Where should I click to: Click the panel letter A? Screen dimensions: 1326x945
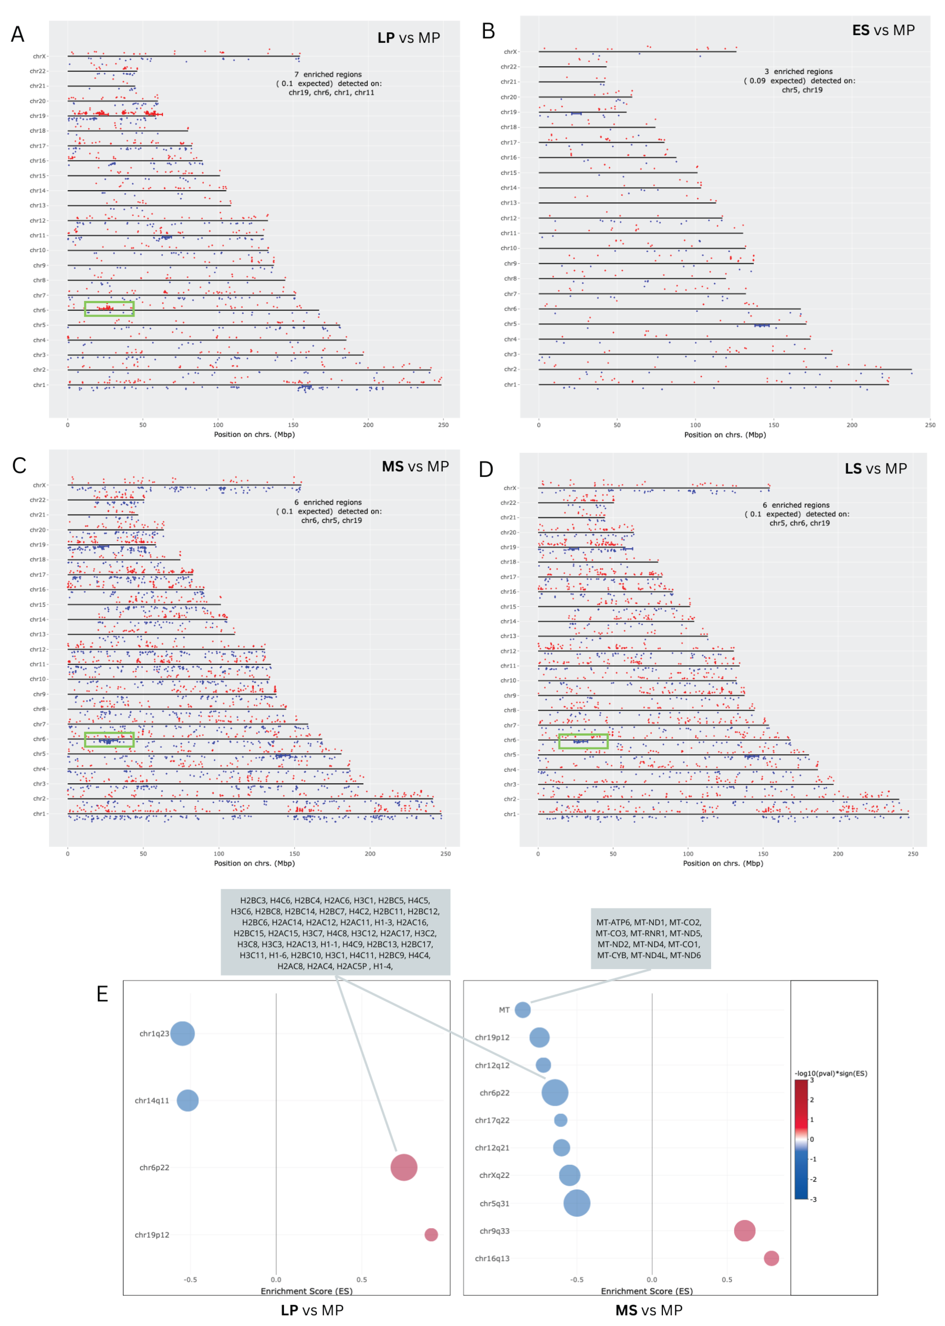click(x=18, y=34)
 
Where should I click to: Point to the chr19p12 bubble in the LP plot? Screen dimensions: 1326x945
click(x=431, y=1235)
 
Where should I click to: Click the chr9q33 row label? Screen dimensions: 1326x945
click(x=494, y=1231)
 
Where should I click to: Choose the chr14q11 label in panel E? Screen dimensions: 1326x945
click(x=152, y=1101)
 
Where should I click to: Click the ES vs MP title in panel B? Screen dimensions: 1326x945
click(x=883, y=30)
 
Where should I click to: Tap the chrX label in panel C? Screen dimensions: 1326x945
click(x=39, y=485)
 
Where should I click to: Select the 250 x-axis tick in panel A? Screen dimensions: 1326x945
click(x=443, y=425)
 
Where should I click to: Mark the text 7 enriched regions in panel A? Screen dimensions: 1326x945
click(x=327, y=74)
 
